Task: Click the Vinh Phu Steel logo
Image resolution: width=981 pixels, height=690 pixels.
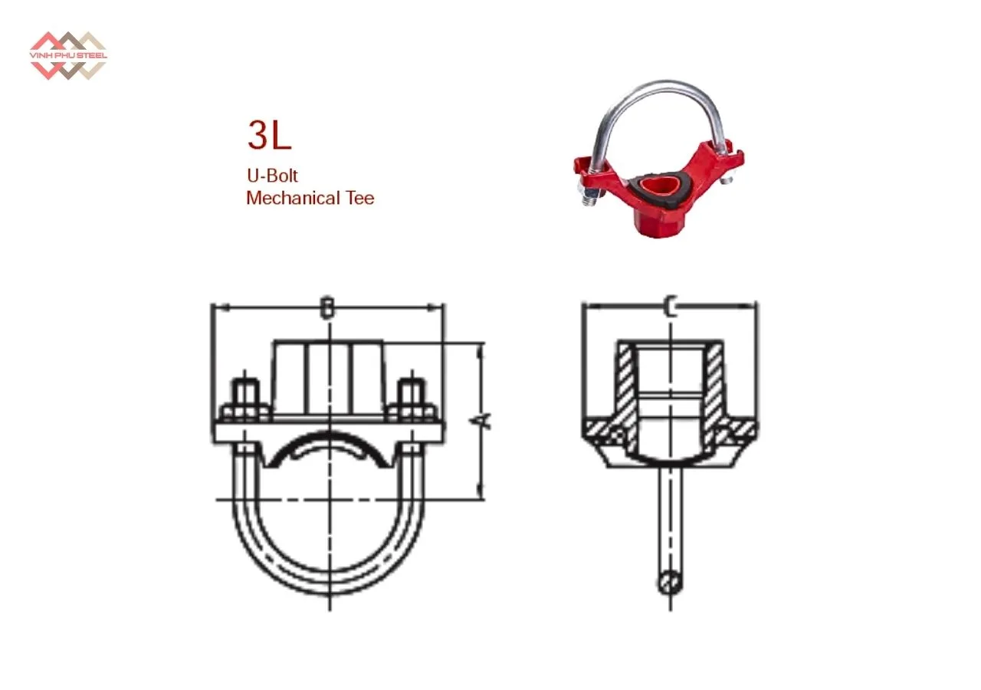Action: click(x=67, y=55)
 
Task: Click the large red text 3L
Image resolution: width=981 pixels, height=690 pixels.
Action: click(x=268, y=136)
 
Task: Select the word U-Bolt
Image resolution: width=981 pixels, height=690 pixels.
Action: click(x=272, y=176)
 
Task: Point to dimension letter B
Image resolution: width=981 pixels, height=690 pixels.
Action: click(x=327, y=308)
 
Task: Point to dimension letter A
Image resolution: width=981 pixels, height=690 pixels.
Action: click(x=482, y=420)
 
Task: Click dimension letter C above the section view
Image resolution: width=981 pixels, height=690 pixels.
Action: click(x=670, y=308)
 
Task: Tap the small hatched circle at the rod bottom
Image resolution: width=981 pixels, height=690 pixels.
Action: click(x=670, y=583)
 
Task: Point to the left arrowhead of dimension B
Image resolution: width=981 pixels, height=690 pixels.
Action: click(x=216, y=309)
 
